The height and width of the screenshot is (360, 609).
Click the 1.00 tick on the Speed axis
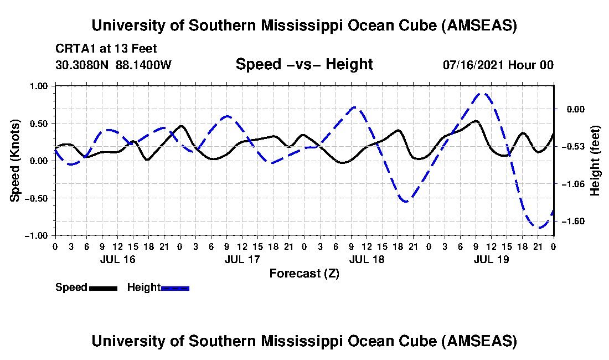pos(39,86)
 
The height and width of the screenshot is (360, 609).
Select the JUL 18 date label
pos(367,259)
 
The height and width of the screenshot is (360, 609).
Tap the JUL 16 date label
pos(117,259)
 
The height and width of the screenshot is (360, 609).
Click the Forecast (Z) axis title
pos(304,273)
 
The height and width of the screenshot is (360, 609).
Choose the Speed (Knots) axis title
pos(16,160)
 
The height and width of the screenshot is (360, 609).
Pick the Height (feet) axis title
pos(595,160)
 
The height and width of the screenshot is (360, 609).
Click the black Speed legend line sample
pos(103,287)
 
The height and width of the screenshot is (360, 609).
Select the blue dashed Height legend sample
pos(175,287)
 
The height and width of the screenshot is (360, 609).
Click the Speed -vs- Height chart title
pos(304,64)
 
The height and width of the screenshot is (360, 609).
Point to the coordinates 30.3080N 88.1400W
pos(113,65)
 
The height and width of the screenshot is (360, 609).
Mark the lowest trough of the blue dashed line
pos(539,227)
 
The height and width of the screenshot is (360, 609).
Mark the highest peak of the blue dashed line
pos(483,94)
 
